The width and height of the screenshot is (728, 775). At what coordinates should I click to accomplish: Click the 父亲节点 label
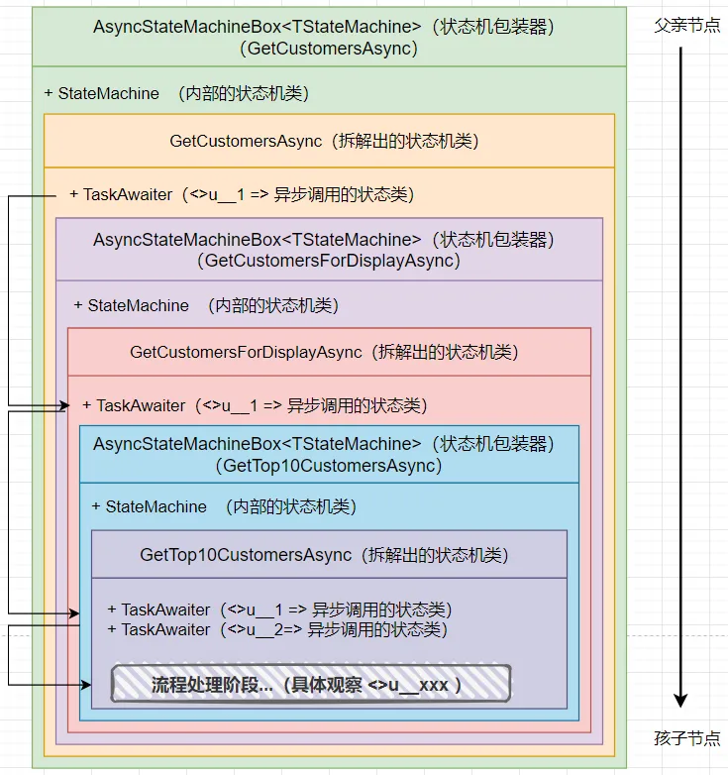click(x=687, y=25)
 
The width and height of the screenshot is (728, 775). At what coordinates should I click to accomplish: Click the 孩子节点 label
click(x=687, y=738)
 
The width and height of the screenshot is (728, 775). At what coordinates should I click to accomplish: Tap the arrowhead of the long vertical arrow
click(x=680, y=701)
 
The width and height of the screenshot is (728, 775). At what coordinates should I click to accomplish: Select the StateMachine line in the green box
click(x=176, y=93)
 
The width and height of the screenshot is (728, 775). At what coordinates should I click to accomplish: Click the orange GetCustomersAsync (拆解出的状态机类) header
click(x=324, y=142)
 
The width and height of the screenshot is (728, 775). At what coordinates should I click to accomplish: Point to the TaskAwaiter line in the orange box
click(x=242, y=194)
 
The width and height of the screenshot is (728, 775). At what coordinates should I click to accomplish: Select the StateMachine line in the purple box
click(x=206, y=305)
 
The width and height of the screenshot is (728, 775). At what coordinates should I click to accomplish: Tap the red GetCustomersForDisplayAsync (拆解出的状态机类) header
click(x=324, y=353)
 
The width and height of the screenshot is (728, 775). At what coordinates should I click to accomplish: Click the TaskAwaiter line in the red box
click(x=255, y=405)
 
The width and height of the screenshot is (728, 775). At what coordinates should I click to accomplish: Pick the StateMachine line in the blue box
click(x=224, y=506)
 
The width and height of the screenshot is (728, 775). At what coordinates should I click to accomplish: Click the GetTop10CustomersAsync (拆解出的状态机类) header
click(x=324, y=555)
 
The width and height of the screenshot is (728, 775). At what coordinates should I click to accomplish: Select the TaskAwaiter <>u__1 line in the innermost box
click(x=279, y=609)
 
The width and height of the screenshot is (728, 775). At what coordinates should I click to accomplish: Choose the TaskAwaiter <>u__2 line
click(x=277, y=629)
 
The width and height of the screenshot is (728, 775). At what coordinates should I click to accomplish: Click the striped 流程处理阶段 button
click(x=311, y=684)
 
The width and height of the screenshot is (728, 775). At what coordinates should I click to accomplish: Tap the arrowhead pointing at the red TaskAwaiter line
click(x=64, y=405)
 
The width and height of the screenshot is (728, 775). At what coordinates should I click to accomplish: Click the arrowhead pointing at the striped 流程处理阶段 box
click(x=86, y=685)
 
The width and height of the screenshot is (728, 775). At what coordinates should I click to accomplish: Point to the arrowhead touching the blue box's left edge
click(x=74, y=613)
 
